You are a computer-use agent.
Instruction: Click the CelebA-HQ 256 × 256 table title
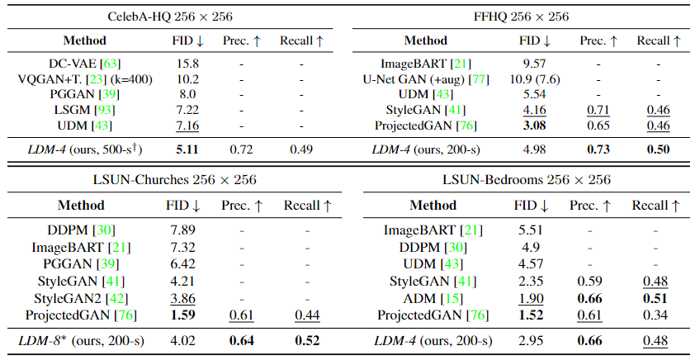point(170,16)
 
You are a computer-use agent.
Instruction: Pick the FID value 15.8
point(187,63)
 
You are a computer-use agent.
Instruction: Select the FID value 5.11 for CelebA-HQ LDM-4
point(187,149)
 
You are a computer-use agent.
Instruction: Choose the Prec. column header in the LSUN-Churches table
point(246,206)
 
